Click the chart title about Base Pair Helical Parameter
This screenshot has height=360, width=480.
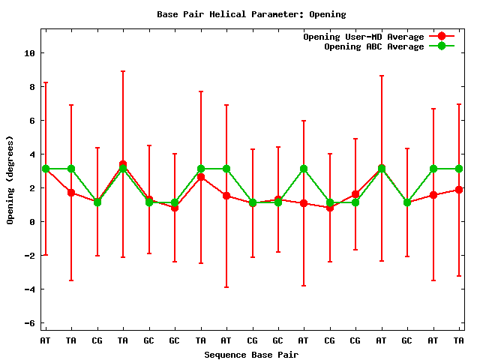point(251,14)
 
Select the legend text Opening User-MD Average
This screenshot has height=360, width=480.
point(363,37)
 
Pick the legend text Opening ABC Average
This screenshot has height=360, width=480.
point(373,46)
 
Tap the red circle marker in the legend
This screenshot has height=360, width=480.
point(442,37)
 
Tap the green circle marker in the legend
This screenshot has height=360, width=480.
point(442,46)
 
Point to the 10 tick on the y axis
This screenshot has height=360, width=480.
point(29,53)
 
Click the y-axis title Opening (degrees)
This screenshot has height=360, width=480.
point(10,180)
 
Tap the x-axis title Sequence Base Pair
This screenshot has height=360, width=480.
point(251,354)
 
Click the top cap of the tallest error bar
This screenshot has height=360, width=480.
point(123,71)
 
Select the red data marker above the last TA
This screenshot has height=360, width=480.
point(459,190)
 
